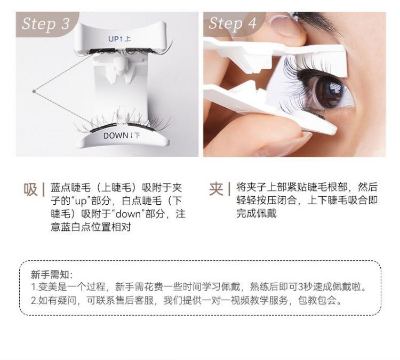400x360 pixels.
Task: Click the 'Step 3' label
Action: click(46, 24)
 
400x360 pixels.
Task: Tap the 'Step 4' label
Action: click(233, 24)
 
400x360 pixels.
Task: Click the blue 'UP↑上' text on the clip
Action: click(119, 39)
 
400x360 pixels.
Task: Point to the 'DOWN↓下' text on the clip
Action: click(122, 135)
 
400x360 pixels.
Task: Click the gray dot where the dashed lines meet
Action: click(34, 91)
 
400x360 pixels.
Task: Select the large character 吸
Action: click(30, 189)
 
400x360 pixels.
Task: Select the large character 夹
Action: click(216, 189)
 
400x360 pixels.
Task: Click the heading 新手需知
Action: click(50, 275)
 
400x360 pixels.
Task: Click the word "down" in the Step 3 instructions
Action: click(129, 213)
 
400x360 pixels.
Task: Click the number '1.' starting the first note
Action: click(34, 287)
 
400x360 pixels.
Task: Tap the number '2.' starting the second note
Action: click(35, 301)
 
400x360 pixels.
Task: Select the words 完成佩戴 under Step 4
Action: click(256, 213)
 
